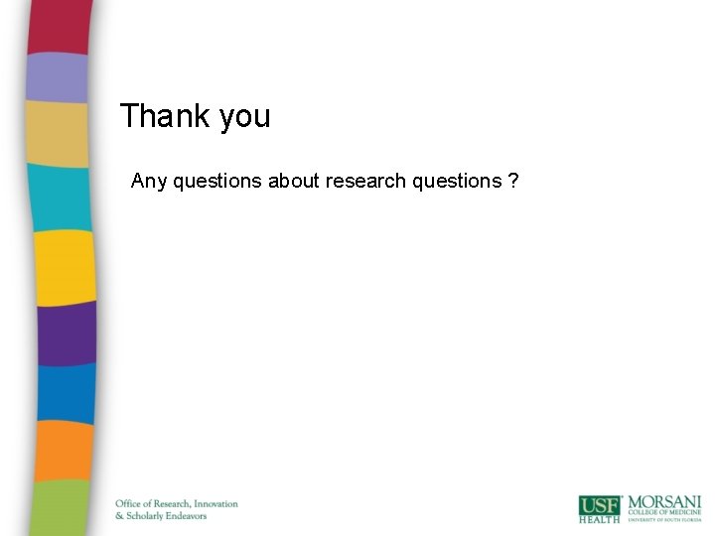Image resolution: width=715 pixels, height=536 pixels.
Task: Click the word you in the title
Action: point(245,118)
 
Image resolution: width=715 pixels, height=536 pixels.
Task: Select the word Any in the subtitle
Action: point(150,182)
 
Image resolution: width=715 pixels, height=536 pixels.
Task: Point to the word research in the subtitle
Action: point(364,181)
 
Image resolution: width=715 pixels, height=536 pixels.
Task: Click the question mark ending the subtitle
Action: point(512,181)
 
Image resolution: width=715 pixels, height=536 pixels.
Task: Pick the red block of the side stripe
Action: point(60,26)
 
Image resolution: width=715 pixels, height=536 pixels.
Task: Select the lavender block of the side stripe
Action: point(58,76)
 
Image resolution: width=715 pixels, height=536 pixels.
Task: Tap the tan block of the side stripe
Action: point(58,132)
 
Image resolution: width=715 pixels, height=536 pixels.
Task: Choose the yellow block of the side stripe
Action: point(65,266)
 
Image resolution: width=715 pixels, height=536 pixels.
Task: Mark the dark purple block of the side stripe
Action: point(67,333)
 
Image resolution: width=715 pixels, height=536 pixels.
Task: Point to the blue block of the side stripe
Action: point(67,392)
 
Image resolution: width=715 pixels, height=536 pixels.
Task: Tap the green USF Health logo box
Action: point(600,508)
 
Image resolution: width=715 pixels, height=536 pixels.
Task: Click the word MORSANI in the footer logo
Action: point(663,501)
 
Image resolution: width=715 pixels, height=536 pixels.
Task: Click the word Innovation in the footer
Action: point(215,503)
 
